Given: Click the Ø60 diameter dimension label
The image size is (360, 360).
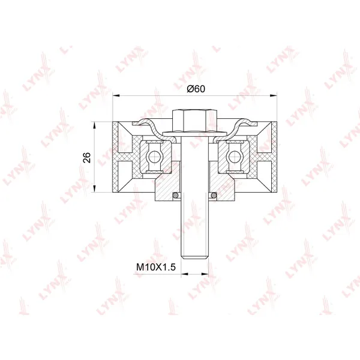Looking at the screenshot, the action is coord(196,89).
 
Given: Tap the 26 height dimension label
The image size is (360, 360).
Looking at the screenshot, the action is coord(87,157).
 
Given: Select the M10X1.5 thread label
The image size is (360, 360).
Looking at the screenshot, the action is coord(156,267).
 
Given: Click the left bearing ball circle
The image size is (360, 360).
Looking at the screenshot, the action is coord(154,157).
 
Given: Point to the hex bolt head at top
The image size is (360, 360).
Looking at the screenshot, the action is coord(195,120).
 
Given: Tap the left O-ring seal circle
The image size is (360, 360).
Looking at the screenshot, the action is coord(175,195).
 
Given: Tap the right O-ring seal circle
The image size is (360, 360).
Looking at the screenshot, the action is coord(214,195).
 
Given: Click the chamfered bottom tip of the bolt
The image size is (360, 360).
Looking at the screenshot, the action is coord(194,257).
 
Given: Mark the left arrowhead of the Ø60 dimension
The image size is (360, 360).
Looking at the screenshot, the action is coord(116,95).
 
